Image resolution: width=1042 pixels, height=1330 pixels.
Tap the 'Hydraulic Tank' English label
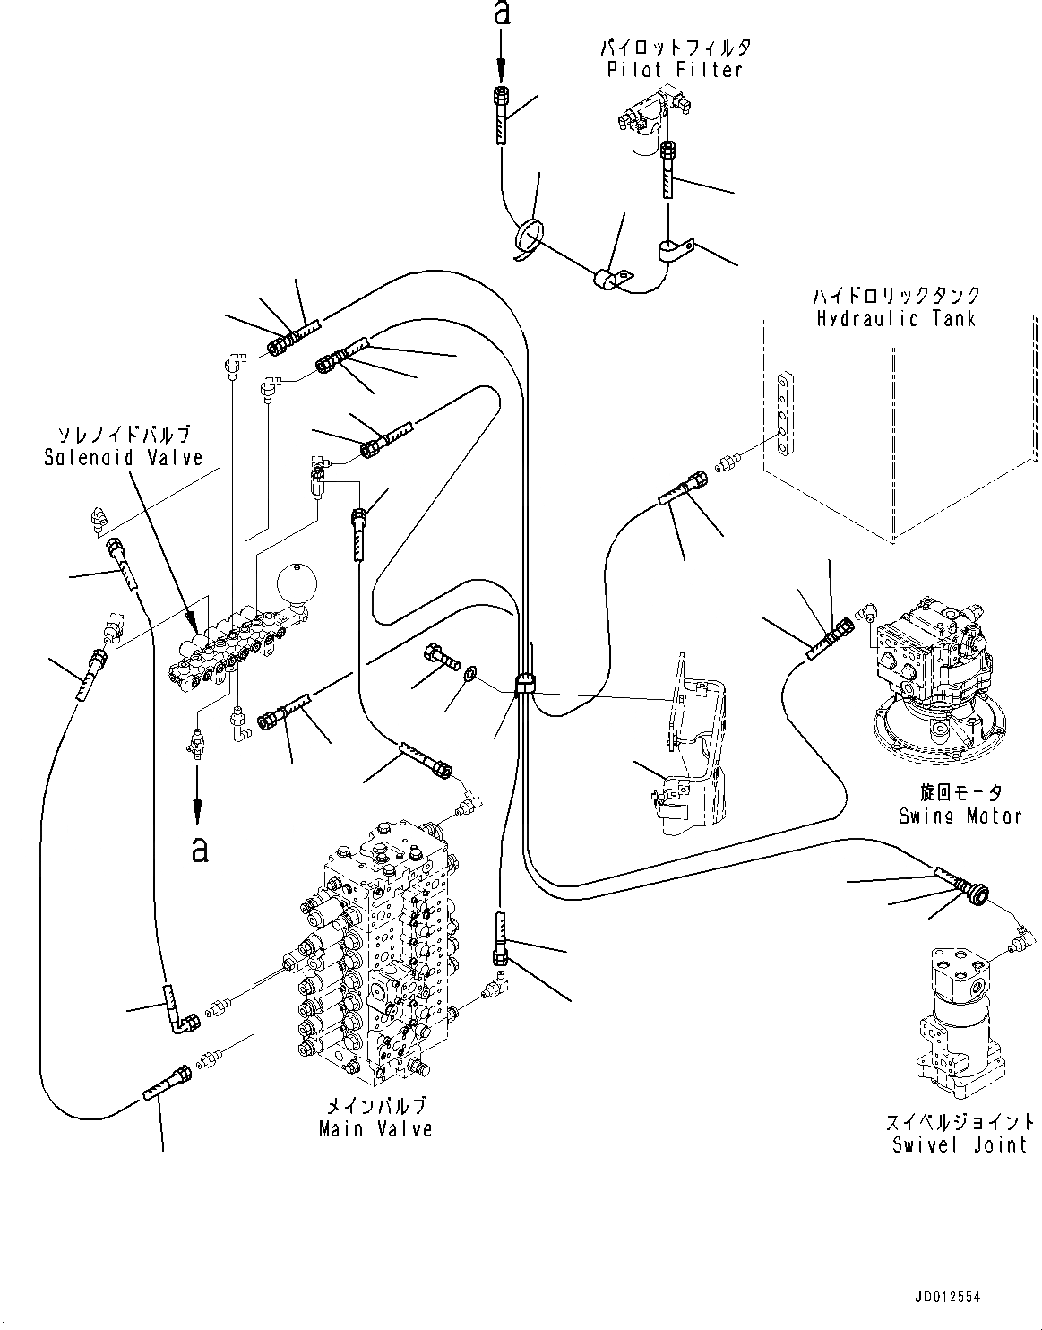(895, 318)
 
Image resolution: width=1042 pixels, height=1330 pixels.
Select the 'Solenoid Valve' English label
(124, 457)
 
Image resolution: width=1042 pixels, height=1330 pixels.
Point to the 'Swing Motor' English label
(960, 816)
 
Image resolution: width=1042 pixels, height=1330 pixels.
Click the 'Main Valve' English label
(375, 1129)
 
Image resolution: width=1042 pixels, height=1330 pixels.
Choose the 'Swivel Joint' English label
(960, 1144)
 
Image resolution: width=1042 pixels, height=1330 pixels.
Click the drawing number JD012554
(986, 1296)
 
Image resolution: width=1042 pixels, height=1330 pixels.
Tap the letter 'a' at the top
(502, 14)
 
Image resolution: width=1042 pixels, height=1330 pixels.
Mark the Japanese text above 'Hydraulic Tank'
(895, 295)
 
